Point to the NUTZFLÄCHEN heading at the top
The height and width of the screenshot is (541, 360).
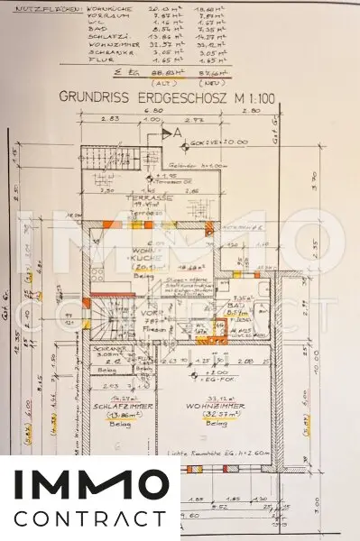click(x=37, y=5)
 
